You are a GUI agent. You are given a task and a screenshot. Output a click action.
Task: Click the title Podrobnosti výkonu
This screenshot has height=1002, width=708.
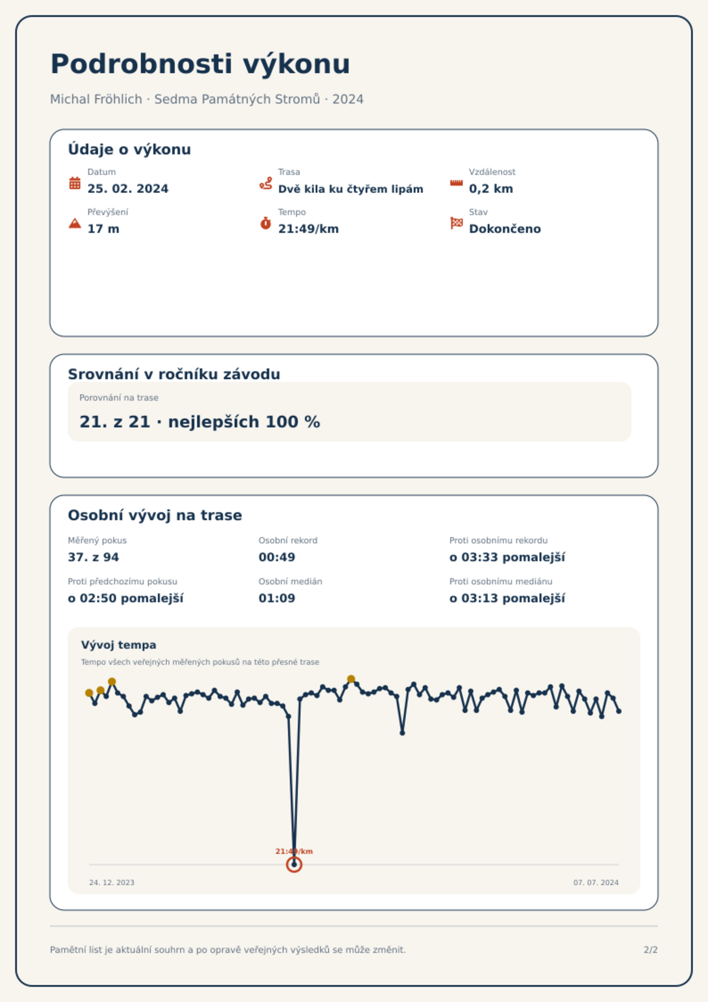click(200, 64)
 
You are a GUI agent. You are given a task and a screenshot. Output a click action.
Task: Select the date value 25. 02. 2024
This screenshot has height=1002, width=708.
click(128, 189)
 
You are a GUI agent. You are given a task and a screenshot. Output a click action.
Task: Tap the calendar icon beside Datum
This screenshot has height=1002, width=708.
click(75, 183)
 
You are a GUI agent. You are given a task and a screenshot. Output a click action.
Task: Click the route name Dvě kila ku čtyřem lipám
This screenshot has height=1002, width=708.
click(350, 189)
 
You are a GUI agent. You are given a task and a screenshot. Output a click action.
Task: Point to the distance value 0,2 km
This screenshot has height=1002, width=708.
click(491, 189)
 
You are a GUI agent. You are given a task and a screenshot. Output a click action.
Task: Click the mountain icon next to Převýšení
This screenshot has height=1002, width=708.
click(75, 223)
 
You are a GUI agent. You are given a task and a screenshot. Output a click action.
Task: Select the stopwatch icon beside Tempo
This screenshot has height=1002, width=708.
click(266, 223)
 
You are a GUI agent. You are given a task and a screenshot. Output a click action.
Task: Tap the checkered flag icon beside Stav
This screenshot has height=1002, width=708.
click(457, 223)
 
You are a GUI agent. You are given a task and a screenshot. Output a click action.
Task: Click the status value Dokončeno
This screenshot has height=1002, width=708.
click(505, 229)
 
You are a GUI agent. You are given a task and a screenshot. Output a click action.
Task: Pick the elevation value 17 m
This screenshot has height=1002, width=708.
click(103, 229)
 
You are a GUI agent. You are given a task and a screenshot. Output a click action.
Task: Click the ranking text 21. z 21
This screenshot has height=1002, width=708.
click(115, 422)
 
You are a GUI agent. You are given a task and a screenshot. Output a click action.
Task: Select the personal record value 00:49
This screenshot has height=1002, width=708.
click(277, 557)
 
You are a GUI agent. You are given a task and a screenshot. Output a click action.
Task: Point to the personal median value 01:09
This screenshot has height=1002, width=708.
click(277, 598)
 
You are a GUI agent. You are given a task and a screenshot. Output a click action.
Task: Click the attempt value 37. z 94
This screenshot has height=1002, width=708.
click(93, 557)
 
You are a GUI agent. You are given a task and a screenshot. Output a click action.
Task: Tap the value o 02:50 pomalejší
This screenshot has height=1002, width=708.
click(125, 598)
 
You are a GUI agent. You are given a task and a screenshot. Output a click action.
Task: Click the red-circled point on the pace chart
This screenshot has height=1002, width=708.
click(294, 865)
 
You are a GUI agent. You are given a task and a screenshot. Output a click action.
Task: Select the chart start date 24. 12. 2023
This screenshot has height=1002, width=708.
click(111, 882)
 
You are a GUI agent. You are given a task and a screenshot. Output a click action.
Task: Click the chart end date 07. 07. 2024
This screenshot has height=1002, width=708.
click(596, 882)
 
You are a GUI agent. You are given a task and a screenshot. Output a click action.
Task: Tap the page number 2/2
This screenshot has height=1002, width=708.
click(650, 950)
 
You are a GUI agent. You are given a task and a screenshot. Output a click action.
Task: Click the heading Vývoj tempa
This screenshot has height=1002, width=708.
click(119, 645)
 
